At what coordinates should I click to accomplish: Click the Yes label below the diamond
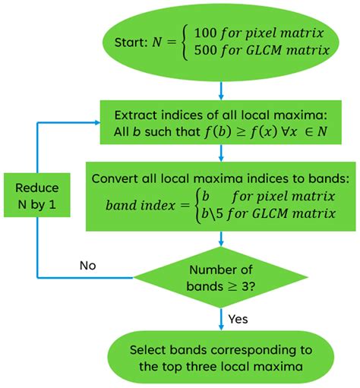[239, 319]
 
